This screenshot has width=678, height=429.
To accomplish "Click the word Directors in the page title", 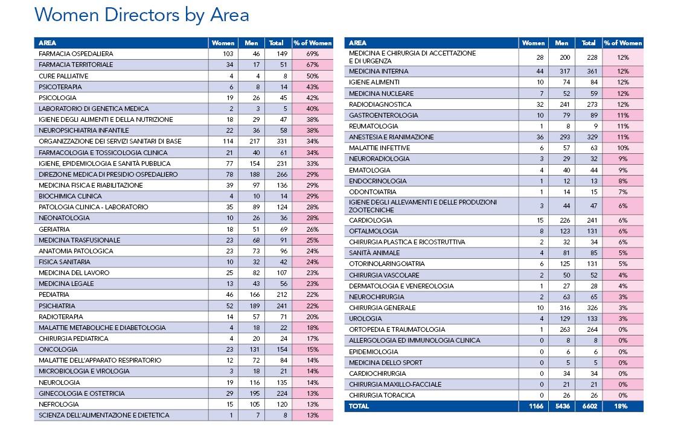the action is pos(141,14).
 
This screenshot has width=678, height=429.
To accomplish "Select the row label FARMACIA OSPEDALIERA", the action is pos(75,54).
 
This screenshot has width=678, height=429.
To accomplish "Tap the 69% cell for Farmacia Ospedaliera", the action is pos(312,54).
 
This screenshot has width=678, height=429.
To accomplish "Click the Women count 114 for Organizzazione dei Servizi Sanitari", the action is pos(228,141).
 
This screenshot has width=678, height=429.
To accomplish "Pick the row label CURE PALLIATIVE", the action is pos(63,76).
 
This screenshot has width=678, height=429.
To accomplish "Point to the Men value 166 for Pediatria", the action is pos(254,294).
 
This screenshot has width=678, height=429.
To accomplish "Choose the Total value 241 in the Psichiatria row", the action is pos(282,306).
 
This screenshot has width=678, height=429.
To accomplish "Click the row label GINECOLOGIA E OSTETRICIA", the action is pos(82,393).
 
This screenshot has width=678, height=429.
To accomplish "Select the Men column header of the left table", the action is pos(251,43).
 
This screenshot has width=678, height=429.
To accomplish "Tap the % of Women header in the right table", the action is pos(622,43).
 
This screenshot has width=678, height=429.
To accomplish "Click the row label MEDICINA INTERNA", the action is pos(379,71).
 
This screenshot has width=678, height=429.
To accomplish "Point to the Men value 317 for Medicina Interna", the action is pos(564,71).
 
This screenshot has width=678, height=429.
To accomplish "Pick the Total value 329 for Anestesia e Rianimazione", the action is pos(592,137).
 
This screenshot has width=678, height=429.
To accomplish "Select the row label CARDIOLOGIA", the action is pos(370,220).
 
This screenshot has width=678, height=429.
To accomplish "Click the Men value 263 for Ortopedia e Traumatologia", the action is pos(564,329).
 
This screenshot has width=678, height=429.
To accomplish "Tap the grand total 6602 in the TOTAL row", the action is pos(590,406).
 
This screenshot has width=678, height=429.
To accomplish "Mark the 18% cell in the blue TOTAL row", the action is pos(621,406).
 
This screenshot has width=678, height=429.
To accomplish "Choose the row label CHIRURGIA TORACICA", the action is pos(382,395).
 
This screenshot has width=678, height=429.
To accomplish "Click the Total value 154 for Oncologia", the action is pos(282,349).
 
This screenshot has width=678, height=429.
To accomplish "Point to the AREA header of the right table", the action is pos(357,43).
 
